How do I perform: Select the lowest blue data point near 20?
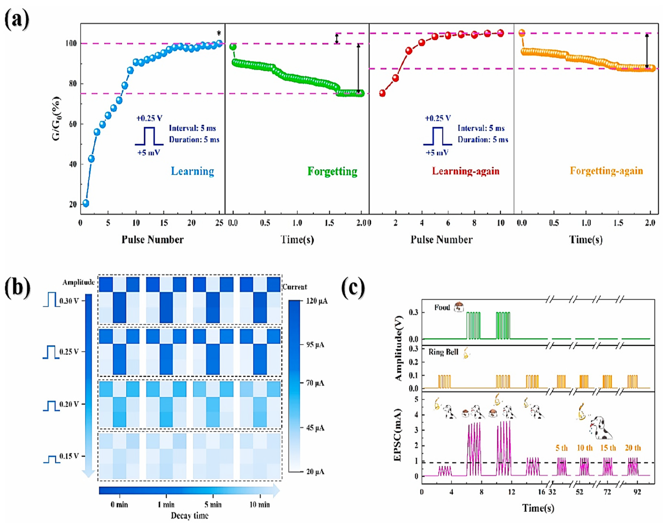point(86,203)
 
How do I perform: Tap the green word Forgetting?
point(332,171)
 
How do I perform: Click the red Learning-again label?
point(465,171)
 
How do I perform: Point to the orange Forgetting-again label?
point(606,171)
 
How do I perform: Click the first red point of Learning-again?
point(382,93)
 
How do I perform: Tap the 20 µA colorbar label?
point(315,471)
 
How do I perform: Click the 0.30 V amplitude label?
point(69,301)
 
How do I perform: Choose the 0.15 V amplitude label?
point(69,456)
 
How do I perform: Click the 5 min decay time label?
point(213,504)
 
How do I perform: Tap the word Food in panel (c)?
point(442,307)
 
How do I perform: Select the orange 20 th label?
point(633,448)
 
